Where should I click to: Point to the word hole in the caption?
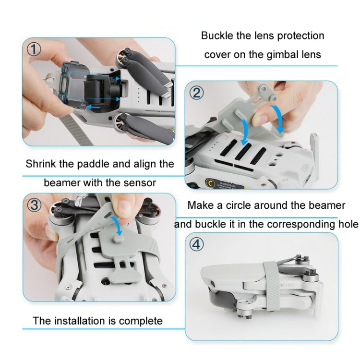coord(348,224)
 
